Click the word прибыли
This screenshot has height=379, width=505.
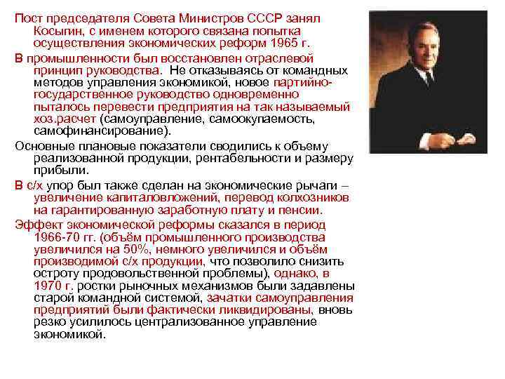(x=54, y=171)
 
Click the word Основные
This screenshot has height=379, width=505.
(x=42, y=145)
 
